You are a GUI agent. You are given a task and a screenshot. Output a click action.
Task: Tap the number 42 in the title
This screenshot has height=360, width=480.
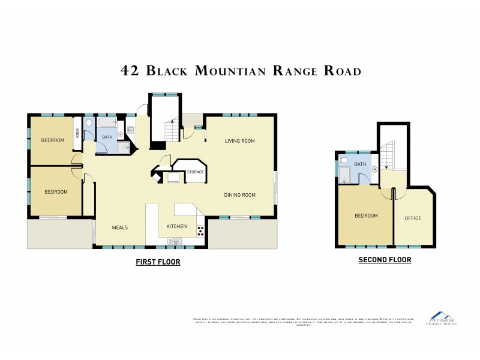click(131, 71)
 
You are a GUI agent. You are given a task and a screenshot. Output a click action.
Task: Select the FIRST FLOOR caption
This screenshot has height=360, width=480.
click(158, 262)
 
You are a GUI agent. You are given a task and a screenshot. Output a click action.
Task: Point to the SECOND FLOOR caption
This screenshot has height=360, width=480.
click(385, 260)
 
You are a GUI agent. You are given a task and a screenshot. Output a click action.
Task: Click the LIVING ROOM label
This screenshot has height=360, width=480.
click(239, 141)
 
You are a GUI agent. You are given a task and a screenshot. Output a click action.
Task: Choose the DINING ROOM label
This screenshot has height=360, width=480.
click(239, 194)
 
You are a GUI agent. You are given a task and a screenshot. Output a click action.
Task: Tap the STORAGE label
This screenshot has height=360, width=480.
click(195, 172)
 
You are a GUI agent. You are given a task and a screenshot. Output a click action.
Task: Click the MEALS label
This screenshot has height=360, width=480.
click(120, 227)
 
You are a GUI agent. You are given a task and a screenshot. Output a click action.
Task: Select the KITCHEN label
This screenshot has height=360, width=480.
click(176, 226)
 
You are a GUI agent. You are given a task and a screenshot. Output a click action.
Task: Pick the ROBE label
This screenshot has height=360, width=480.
click(77, 133)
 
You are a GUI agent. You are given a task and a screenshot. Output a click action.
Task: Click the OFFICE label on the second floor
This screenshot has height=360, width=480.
click(413, 218)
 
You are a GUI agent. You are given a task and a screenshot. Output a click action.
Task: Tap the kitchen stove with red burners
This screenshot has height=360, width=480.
click(200, 230)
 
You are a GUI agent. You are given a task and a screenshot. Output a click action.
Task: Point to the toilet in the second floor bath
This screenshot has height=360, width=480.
click(344, 160)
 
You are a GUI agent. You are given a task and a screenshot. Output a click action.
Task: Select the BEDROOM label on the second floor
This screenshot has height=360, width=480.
click(366, 216)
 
